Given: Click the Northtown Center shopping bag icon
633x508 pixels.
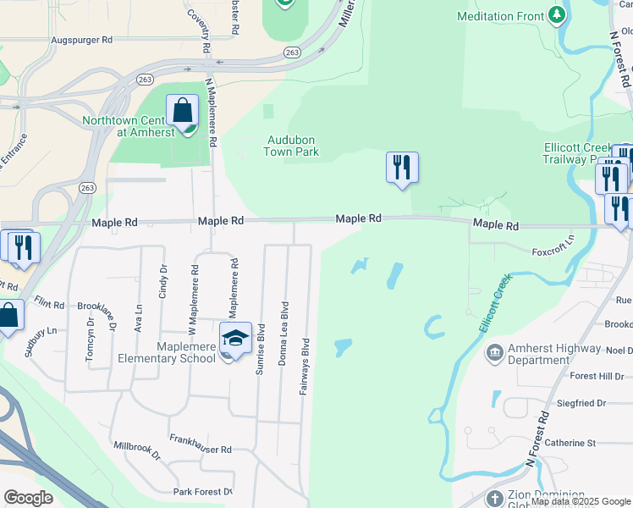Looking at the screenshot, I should tap(182, 111).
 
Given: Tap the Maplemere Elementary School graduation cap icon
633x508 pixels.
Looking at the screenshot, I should tap(235, 339).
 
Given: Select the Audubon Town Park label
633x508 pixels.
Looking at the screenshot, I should tap(293, 146).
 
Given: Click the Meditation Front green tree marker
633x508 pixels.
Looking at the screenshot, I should tap(556, 14).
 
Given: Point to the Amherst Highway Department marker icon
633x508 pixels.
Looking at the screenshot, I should tap(495, 351).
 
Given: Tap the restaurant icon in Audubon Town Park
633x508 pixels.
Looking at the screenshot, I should tap(402, 168).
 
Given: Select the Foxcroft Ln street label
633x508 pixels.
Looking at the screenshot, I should tap(553, 251).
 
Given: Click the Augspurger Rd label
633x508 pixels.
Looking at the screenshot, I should tap(82, 40).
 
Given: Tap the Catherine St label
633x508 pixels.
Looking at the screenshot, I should tap(570, 443).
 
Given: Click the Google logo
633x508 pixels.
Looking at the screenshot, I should tap(28, 498).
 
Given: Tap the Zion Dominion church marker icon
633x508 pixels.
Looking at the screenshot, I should tap(497, 498).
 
